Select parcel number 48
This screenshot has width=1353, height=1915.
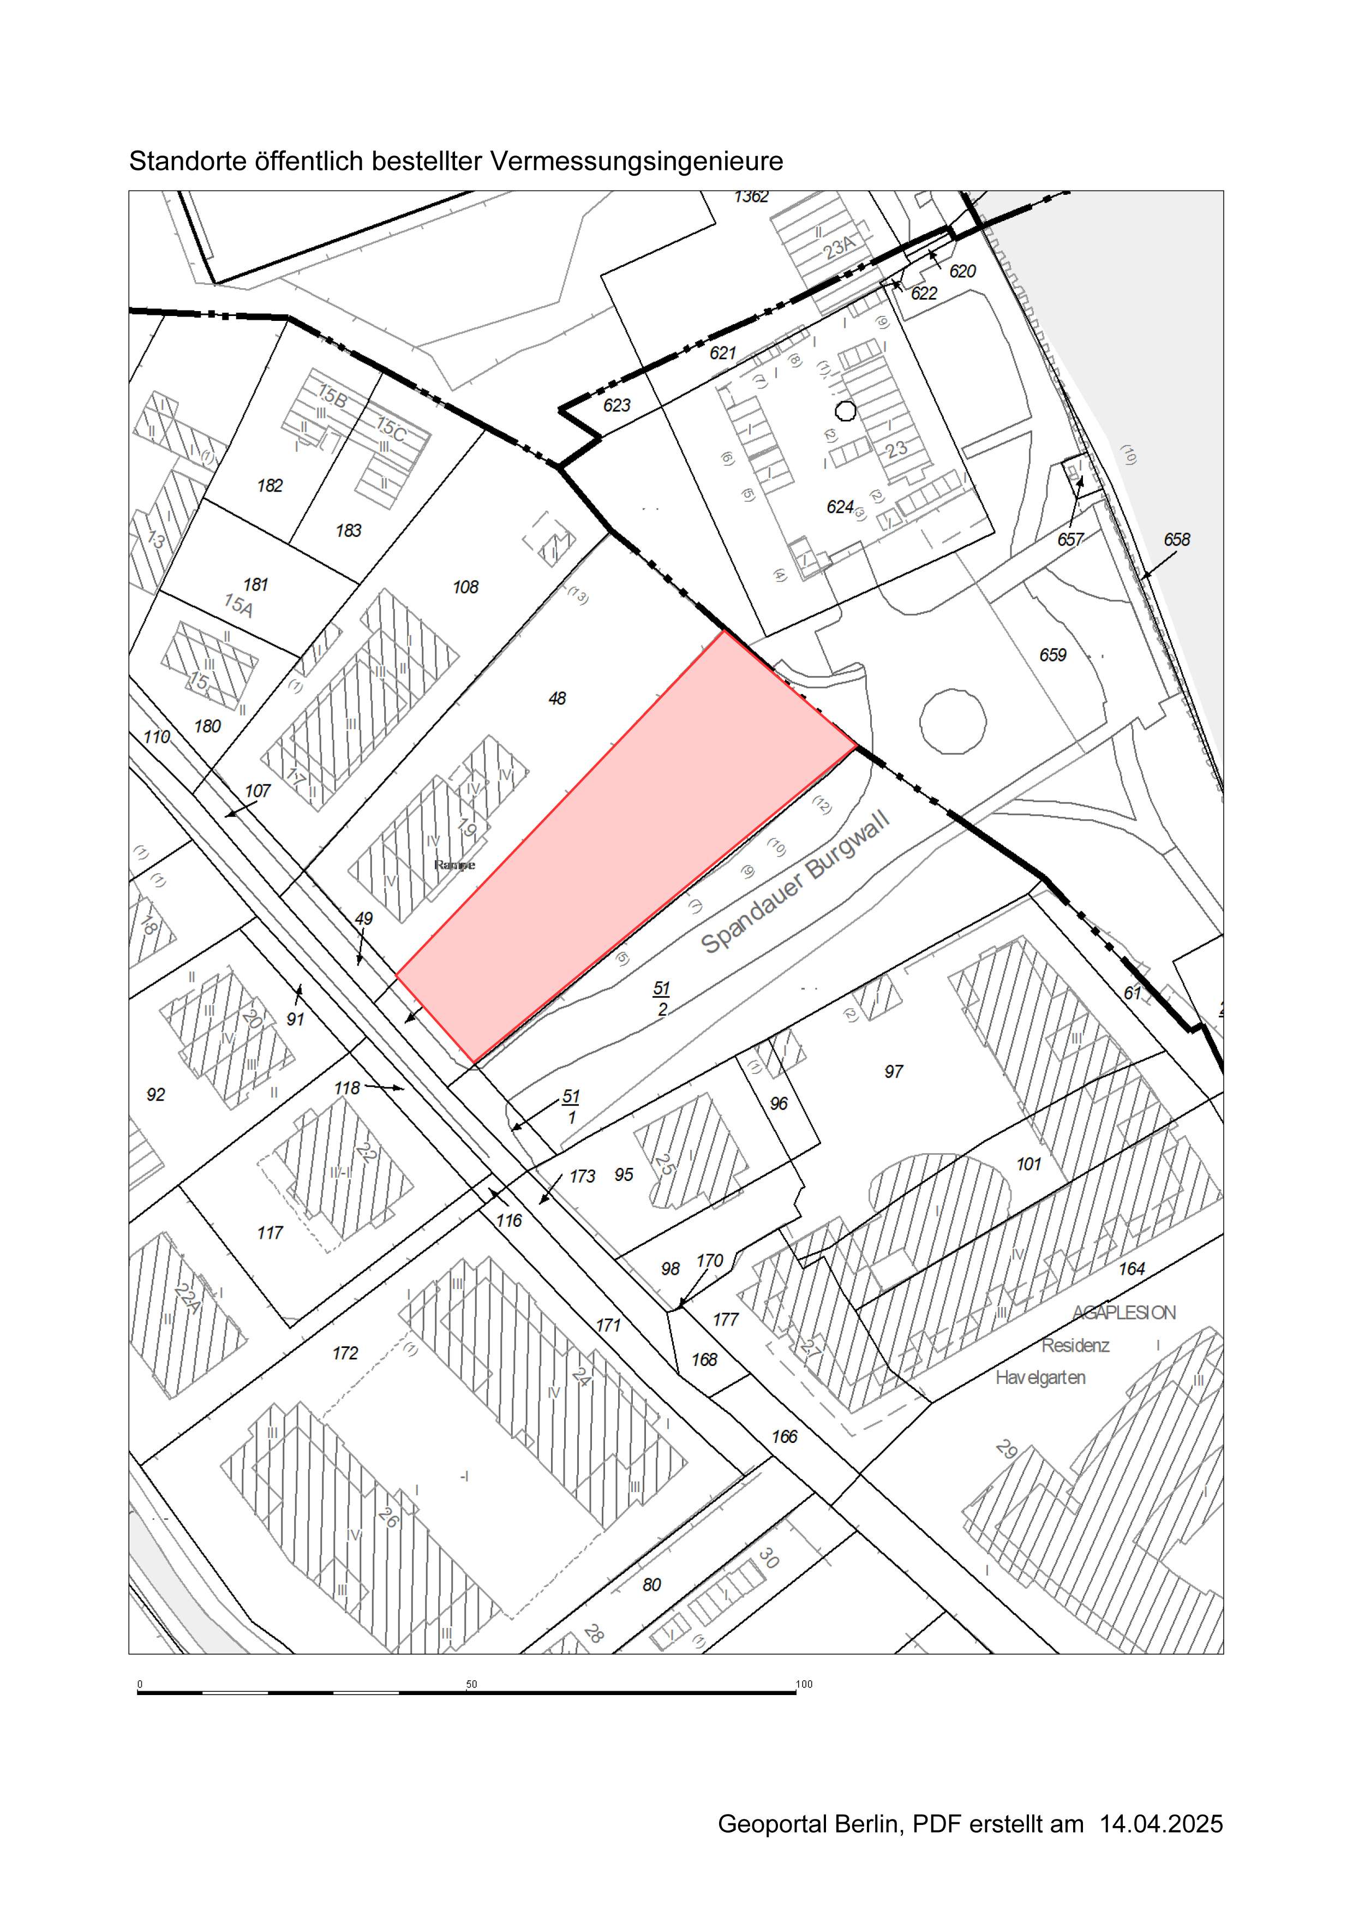coord(557,698)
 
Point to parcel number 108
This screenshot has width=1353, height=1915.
coord(465,587)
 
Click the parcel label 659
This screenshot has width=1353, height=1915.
coord(1052,655)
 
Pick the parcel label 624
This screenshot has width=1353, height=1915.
coord(840,507)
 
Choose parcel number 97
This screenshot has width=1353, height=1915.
coord(893,1072)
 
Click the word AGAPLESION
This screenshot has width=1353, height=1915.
coord(1124,1313)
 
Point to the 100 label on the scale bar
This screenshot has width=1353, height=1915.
coord(804,1684)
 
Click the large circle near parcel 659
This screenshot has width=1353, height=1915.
coord(953,720)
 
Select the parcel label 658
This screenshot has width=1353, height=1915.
coord(1176,540)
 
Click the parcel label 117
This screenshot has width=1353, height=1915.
coord(270,1233)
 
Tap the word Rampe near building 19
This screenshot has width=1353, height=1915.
coord(454,865)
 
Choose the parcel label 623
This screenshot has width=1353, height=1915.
coord(617,405)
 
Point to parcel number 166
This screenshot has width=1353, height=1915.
coord(783,1436)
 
